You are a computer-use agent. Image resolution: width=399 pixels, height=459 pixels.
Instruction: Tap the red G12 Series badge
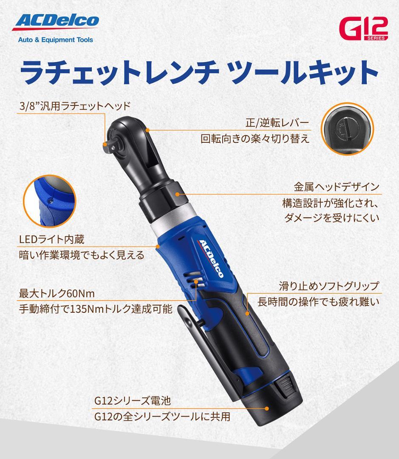click(x=364, y=29)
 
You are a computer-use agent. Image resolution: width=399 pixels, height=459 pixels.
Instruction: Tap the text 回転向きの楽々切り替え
click(x=255, y=139)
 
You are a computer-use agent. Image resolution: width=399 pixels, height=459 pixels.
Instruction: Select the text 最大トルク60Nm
click(x=57, y=294)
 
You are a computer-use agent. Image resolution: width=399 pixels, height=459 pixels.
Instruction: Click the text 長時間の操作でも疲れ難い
click(x=318, y=302)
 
